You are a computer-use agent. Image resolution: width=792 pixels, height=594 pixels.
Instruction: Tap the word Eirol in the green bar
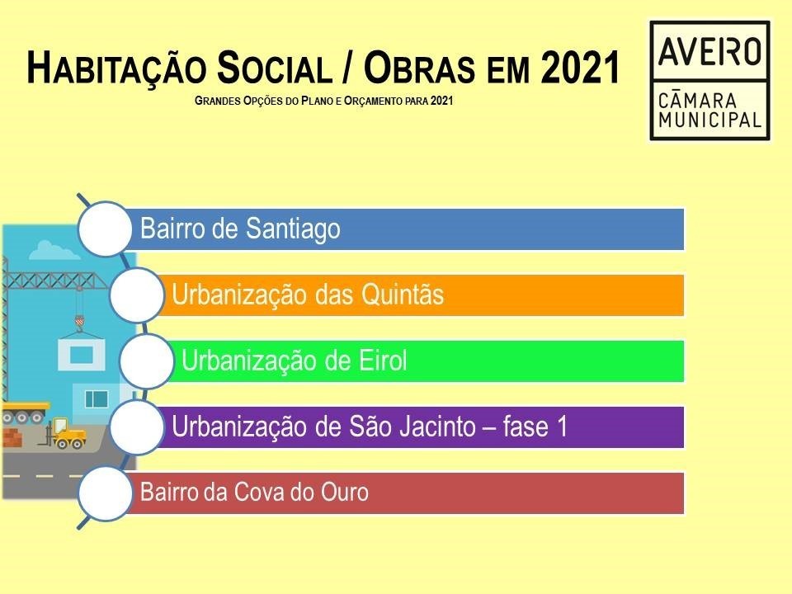pyautogui.click(x=382, y=361)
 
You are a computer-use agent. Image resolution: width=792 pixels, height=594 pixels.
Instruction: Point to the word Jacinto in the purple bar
pyautogui.click(x=438, y=427)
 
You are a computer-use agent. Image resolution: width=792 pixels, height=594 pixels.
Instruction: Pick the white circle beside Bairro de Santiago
pyautogui.click(x=105, y=229)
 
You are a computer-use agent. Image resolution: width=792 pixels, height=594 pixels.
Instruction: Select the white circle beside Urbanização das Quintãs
pyautogui.click(x=136, y=295)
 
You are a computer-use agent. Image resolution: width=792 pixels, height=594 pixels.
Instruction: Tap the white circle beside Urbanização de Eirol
pyautogui.click(x=147, y=361)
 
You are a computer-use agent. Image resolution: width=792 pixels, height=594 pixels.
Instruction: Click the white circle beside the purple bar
pyautogui.click(x=136, y=427)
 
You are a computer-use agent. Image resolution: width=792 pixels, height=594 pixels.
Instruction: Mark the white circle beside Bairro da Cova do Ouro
pyautogui.click(x=105, y=493)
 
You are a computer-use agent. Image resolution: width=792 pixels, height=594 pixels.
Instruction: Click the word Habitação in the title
pyautogui.click(x=116, y=67)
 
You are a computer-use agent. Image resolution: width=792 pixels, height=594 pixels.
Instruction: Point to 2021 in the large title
pyautogui.click(x=580, y=67)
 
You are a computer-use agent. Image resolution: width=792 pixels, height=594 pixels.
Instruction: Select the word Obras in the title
pyautogui.click(x=419, y=67)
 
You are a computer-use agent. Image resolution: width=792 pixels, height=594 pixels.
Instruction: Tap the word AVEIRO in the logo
pyautogui.click(x=709, y=51)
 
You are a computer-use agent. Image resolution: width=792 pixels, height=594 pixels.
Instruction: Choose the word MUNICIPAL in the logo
pyautogui.click(x=709, y=120)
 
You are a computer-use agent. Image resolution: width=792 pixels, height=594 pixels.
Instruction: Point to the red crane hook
pyautogui.click(x=79, y=322)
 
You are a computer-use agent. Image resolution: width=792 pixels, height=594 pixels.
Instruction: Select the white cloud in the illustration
pyautogui.click(x=54, y=250)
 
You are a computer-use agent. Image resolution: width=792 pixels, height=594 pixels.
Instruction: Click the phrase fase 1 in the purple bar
pyautogui.click(x=535, y=427)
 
